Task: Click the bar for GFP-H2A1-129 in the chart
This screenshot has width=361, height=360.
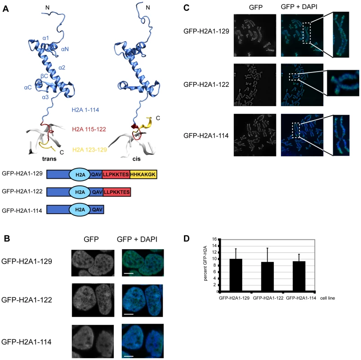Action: [236, 275]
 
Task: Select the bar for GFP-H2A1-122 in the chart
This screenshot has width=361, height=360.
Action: [267, 277]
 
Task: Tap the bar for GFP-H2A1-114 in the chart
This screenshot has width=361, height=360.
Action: [299, 276]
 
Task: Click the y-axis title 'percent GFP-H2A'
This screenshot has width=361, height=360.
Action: [205, 263]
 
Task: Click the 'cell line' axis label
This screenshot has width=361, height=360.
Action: [327, 298]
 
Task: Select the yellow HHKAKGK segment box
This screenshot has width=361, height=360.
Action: [143, 175]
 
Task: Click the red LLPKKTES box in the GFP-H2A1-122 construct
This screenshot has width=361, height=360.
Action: [117, 192]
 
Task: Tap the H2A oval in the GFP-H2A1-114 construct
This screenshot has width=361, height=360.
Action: [80, 210]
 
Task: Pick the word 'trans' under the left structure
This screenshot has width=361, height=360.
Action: [49, 159]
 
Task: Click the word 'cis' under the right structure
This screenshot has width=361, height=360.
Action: [137, 159]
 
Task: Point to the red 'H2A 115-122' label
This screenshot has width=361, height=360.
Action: [89, 129]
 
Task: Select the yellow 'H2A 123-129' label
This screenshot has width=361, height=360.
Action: [89, 150]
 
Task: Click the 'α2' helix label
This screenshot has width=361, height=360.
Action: [62, 67]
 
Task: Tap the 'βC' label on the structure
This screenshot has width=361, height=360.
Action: [44, 76]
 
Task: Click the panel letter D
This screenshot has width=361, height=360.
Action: [187, 238]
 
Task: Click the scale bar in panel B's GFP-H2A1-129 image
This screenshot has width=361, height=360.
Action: [129, 273]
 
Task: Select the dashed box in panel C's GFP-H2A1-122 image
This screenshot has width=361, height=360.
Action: [294, 77]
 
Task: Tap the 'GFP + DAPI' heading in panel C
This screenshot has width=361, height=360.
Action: [299, 7]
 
